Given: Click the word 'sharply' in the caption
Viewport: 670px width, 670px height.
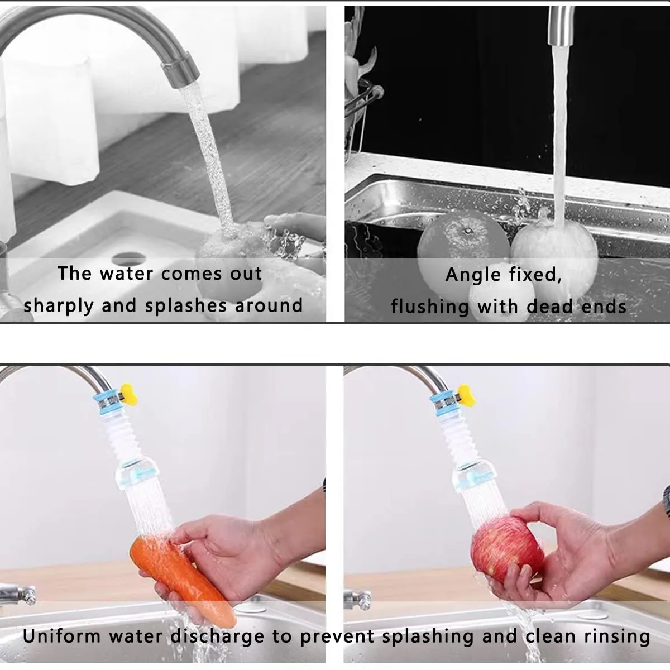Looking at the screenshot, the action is pyautogui.click(x=59, y=306).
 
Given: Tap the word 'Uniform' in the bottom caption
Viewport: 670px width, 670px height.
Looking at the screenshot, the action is pyautogui.click(x=62, y=636).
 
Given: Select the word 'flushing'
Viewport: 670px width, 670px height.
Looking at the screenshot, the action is pyautogui.click(x=430, y=307).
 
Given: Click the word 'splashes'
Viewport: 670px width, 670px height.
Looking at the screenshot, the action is pyautogui.click(x=186, y=306).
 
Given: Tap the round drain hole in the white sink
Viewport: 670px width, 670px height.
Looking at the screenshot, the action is pyautogui.click(x=128, y=259).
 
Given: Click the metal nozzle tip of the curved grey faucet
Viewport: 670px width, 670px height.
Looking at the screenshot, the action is pyautogui.click(x=181, y=70).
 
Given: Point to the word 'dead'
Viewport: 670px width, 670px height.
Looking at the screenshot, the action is pyautogui.click(x=550, y=307).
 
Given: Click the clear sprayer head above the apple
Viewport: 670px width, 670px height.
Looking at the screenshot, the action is pyautogui.click(x=475, y=475).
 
